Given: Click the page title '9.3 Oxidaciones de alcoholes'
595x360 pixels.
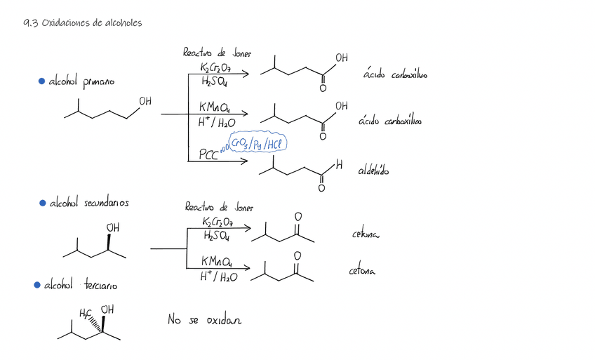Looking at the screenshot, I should pos(82,23).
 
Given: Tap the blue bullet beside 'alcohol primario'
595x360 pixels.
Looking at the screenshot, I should pos(42,82).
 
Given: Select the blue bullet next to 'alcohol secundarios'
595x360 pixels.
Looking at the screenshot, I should pos(42,203).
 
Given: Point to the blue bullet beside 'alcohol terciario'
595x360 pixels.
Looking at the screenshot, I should pos(37,285).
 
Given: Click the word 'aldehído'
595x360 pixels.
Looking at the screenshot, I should pos(373,171).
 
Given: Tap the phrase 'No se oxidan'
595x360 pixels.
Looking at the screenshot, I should pos(204,319).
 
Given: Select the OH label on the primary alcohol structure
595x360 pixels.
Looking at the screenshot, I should pos(145,102).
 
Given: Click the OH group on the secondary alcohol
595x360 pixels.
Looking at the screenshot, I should pos(112,228).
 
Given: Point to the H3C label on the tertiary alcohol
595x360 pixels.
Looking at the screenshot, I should pos(86,312).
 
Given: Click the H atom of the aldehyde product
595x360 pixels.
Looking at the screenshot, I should pos(339,166).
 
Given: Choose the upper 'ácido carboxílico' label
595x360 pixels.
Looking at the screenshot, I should pos(396,74).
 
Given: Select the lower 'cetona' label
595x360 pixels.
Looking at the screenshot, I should pos(362,270).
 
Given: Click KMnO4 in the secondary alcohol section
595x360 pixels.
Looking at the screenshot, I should pos(215,261).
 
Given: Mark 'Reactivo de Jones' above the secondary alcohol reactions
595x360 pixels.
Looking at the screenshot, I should pos(219,207).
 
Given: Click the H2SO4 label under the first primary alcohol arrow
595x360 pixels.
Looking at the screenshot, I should pos(214,81).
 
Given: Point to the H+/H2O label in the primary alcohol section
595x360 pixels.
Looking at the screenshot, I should pos(217,124).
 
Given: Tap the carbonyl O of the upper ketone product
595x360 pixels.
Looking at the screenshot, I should pos(299,218).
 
